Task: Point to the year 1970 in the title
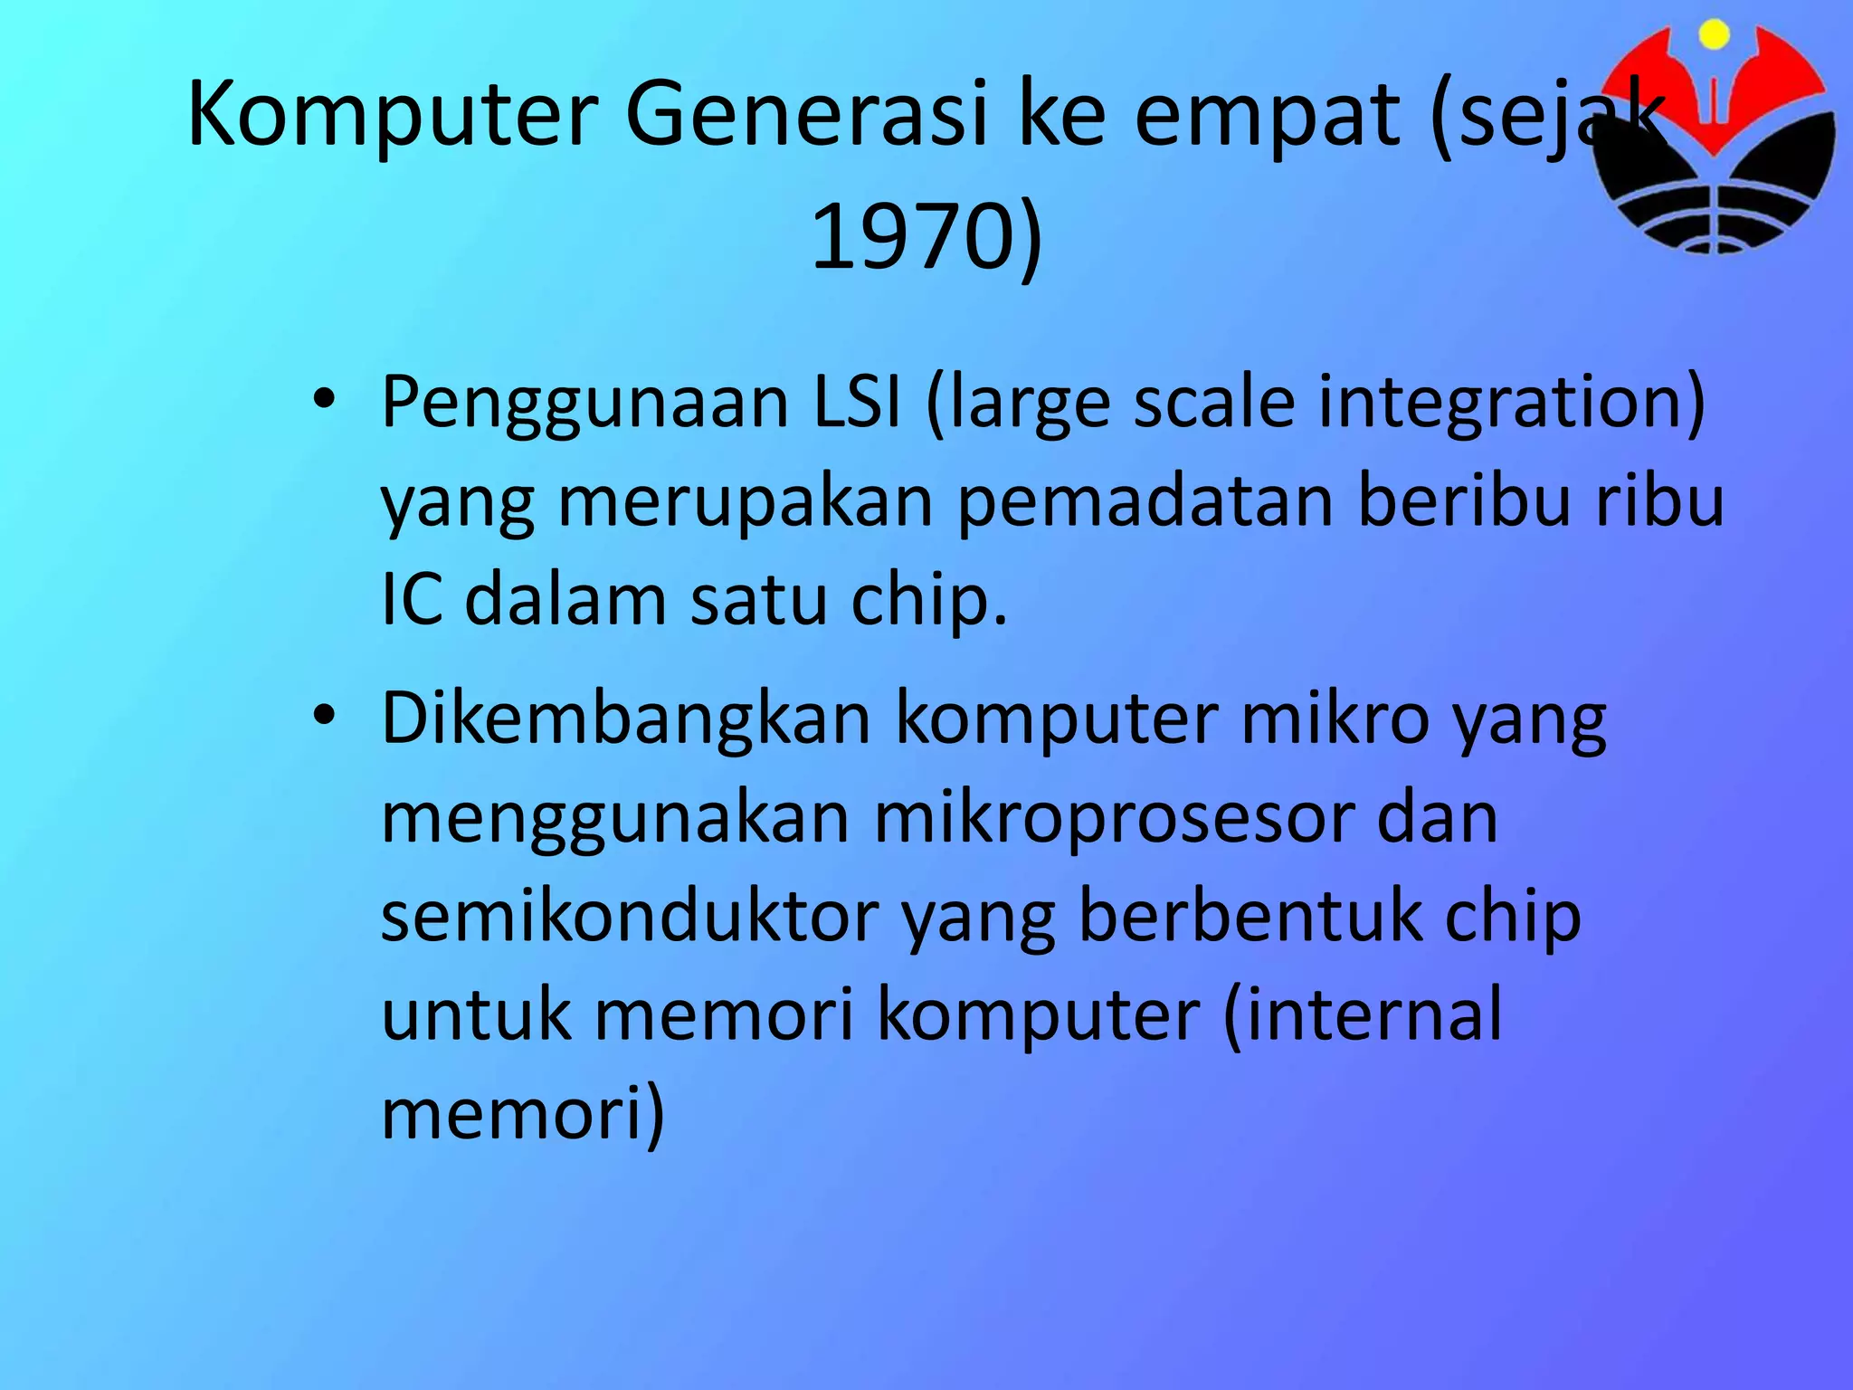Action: (x=909, y=237)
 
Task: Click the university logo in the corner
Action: (x=1714, y=136)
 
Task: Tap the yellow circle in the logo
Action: (x=1714, y=35)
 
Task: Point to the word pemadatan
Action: (x=1145, y=500)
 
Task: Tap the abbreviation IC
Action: (x=412, y=599)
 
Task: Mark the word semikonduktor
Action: (x=630, y=917)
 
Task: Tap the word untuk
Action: (x=476, y=1014)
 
